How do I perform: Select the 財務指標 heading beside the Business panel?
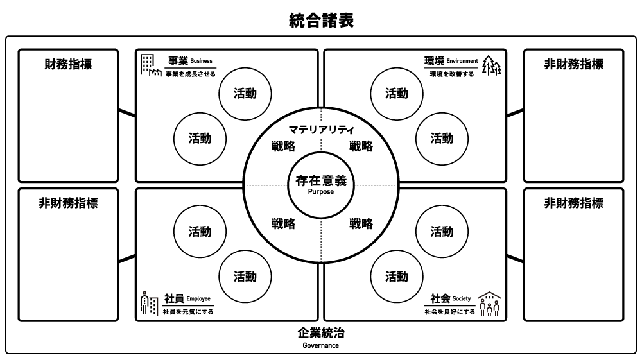pyautogui.click(x=67, y=64)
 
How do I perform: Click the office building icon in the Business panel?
pyautogui.click(x=150, y=65)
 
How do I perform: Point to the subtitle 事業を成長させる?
pyautogui.click(x=190, y=74)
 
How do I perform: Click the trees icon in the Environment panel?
pyautogui.click(x=491, y=65)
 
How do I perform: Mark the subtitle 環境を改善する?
pyautogui.click(x=452, y=74)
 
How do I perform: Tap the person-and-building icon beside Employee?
pyautogui.click(x=149, y=304)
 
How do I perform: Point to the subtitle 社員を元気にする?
pyautogui.click(x=189, y=312)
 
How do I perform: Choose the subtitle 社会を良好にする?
pyautogui.click(x=449, y=312)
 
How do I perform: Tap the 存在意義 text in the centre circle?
pyautogui.click(x=321, y=181)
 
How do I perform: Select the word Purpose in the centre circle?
pyautogui.click(x=321, y=192)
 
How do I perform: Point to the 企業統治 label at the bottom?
pyautogui.click(x=321, y=333)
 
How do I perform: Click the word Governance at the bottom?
pyautogui.click(x=321, y=345)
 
